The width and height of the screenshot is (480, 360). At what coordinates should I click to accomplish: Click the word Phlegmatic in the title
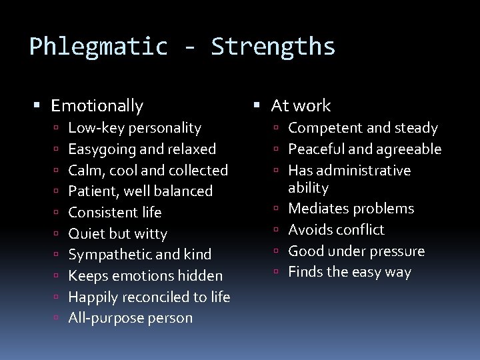[x=99, y=47]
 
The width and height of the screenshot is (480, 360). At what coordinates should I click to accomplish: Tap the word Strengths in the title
[x=273, y=47]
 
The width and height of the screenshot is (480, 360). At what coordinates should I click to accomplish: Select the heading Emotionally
[x=97, y=105]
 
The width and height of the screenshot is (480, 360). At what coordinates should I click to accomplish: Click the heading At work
[x=301, y=105]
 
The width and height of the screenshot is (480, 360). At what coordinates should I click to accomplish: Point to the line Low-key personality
[x=135, y=127]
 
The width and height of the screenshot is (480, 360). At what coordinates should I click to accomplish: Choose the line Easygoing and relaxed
[x=142, y=149]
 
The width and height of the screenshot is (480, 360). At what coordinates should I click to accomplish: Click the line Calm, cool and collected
[x=148, y=170]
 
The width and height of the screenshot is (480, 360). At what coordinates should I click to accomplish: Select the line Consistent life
[x=115, y=212]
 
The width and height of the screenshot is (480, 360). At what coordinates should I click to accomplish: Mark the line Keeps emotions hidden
[x=145, y=275]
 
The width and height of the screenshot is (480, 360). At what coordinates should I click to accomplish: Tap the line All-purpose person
[x=130, y=318]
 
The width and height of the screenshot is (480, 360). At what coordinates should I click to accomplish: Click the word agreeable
[x=411, y=149]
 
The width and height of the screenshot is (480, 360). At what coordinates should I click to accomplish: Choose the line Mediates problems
[x=351, y=209]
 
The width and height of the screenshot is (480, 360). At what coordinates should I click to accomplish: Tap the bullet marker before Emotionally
[x=37, y=105]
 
